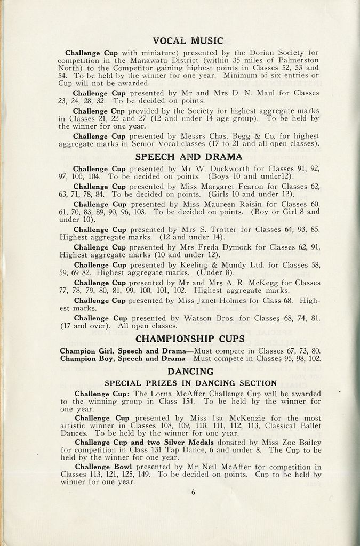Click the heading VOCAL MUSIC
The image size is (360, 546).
pyautogui.click(x=188, y=41)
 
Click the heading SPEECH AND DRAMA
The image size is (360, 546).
pyautogui.click(x=189, y=157)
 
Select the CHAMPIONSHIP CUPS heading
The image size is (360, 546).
pyautogui.click(x=190, y=339)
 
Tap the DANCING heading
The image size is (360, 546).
pyautogui.click(x=190, y=371)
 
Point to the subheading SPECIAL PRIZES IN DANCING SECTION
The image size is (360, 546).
pyautogui.click(x=190, y=383)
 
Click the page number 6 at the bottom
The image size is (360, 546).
pyautogui.click(x=193, y=492)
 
